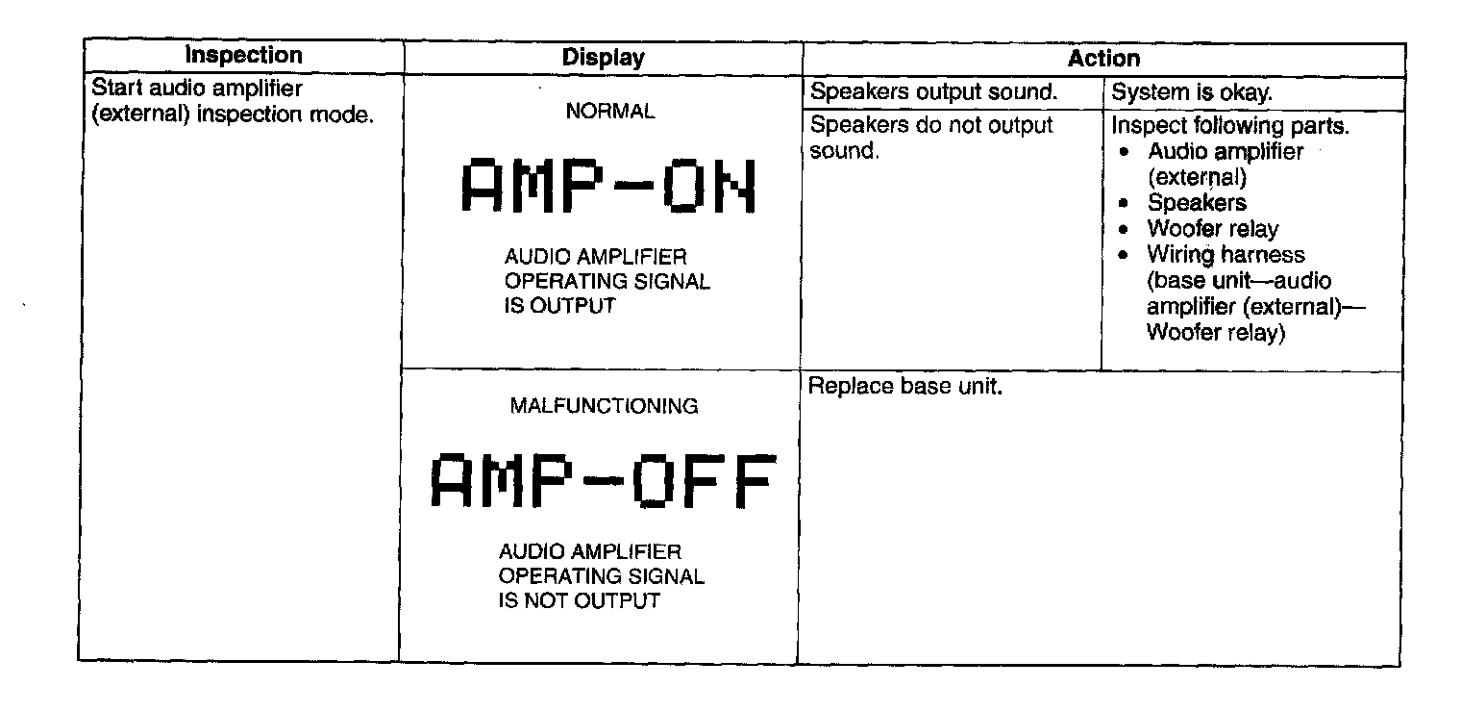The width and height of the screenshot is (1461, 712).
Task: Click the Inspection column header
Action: pos(243,56)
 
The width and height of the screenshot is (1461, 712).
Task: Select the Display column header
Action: pos(603,58)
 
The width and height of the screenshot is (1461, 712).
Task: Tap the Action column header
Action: pos(1103,58)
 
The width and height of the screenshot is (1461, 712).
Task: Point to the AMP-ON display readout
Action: pos(608,187)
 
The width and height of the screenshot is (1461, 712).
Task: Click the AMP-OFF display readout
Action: pos(602,482)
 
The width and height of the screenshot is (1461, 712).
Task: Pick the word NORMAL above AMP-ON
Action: pos(610,112)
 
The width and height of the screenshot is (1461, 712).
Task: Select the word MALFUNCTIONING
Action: pos(604,406)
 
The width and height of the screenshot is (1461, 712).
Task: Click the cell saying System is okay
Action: pos(1192,93)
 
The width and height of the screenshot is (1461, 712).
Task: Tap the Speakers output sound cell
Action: pos(934,93)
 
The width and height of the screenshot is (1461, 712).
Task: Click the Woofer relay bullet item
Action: pos(1212,229)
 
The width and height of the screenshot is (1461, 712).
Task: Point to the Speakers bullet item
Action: pos(1196,203)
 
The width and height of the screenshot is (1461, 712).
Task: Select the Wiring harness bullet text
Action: pos(1226,255)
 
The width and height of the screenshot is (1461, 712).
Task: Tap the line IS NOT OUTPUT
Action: pos(579,601)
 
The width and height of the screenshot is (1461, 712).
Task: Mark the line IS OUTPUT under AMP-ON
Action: pos(559,307)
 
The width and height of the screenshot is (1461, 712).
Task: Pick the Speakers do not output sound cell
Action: pos(931,138)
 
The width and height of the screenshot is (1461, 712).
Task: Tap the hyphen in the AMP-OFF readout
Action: pos(602,482)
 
